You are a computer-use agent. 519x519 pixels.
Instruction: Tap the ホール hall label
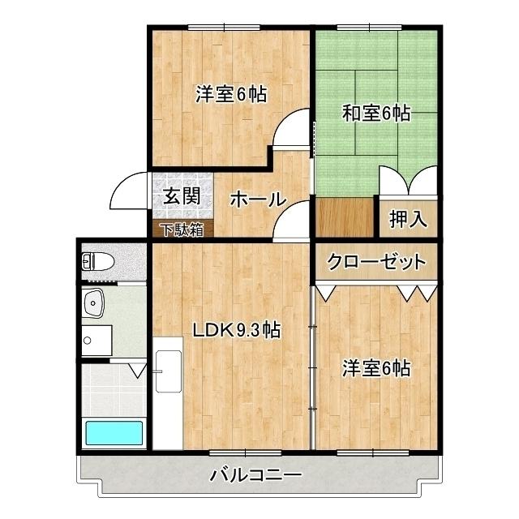pyautogui.click(x=256, y=199)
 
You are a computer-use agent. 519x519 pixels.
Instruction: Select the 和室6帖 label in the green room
pyautogui.click(x=375, y=114)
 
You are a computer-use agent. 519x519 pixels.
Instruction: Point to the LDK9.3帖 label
pyautogui.click(x=236, y=330)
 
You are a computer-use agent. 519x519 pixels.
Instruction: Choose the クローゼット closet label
pyautogui.click(x=375, y=261)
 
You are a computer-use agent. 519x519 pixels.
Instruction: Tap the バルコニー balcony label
pyautogui.click(x=256, y=474)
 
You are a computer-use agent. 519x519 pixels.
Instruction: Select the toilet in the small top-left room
pyautogui.click(x=98, y=261)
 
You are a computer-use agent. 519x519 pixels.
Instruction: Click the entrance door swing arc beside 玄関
pyautogui.click(x=127, y=193)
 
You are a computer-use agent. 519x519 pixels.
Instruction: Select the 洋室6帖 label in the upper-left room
pyautogui.click(x=231, y=93)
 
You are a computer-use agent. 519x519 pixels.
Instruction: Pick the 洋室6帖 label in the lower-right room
pyautogui.click(x=375, y=368)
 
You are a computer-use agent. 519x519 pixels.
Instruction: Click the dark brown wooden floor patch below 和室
pyautogui.click(x=343, y=217)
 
